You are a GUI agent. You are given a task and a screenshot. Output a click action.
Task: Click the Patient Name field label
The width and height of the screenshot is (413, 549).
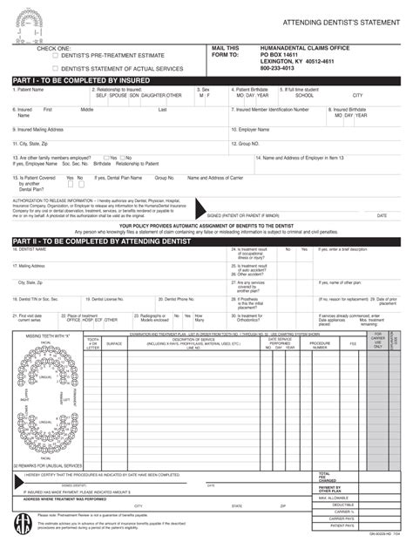(30, 90)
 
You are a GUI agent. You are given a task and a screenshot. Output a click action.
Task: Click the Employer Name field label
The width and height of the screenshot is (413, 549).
(258, 129)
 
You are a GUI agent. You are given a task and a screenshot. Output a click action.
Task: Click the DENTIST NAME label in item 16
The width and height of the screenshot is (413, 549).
(32, 248)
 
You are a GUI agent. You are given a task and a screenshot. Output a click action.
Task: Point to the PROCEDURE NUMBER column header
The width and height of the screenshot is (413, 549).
(320, 344)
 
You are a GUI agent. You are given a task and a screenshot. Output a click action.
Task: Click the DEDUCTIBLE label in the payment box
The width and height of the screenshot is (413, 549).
(342, 505)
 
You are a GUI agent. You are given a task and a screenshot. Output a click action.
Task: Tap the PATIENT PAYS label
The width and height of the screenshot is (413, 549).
(342, 526)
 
